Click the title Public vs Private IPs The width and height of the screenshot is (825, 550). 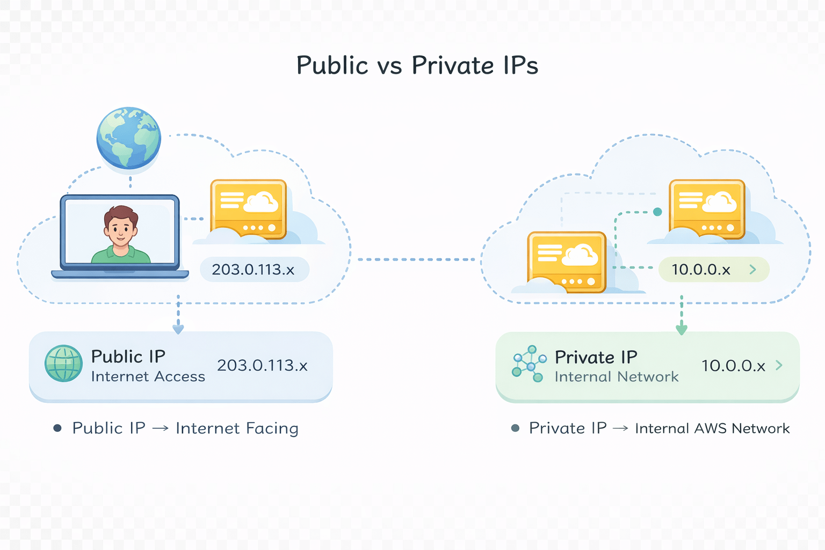tap(417, 66)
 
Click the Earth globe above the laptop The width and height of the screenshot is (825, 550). tap(129, 137)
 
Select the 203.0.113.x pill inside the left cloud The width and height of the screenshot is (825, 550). tap(254, 269)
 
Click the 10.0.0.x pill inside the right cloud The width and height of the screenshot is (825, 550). tap(713, 269)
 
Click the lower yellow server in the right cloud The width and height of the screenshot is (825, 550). tap(567, 262)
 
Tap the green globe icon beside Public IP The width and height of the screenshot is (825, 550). tap(63, 364)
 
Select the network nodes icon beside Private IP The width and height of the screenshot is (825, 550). tap(529, 364)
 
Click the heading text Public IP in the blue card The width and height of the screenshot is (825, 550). tap(128, 357)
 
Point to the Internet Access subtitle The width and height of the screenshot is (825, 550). tap(148, 377)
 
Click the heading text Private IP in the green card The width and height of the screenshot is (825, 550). tap(596, 357)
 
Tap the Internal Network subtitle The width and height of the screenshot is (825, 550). tap(617, 377)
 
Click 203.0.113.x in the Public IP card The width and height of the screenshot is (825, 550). tap(262, 365)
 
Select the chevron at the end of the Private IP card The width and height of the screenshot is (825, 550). tap(779, 365)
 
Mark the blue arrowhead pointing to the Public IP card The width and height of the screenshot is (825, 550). tap(178, 329)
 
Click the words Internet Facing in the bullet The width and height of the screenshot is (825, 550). tap(237, 428)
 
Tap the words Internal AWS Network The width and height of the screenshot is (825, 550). tap(712, 428)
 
